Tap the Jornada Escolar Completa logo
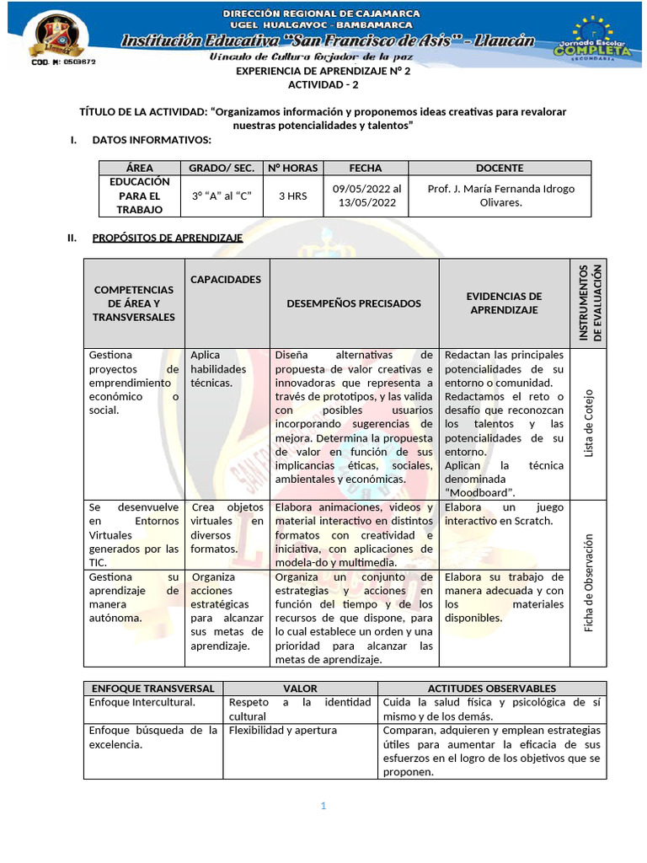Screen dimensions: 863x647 coord(591,38)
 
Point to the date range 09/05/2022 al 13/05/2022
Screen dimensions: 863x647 coord(366,196)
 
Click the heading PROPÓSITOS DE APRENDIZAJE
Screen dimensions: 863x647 coord(167,239)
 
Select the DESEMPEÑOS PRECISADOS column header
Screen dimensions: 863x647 coord(354,303)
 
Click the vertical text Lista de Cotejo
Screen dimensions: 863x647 coord(590,424)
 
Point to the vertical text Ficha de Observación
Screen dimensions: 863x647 coord(590,583)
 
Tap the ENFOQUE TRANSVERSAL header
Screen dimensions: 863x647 coord(152,689)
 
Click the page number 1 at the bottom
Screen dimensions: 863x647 coord(323,807)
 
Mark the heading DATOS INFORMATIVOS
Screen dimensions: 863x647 coord(152,139)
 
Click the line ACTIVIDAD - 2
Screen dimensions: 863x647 coord(323,85)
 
